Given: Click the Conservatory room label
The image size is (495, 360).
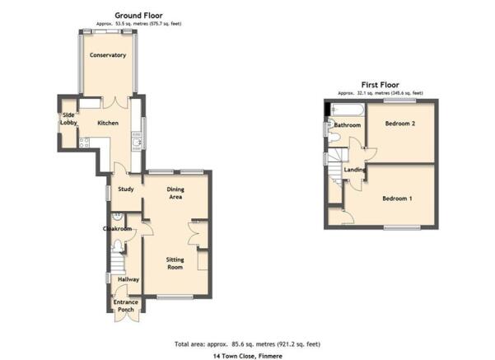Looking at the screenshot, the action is pyautogui.click(x=108, y=55).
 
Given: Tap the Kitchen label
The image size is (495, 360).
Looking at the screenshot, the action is pyautogui.click(x=108, y=123).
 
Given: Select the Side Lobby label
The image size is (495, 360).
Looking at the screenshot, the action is pyautogui.click(x=68, y=119).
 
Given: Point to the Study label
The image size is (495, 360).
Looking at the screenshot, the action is pyautogui.click(x=126, y=189).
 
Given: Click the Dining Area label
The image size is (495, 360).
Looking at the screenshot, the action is pyautogui.click(x=175, y=193).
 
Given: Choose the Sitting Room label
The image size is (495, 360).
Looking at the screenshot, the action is pyautogui.click(x=175, y=264).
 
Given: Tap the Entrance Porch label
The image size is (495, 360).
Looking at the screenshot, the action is pyautogui.click(x=126, y=306).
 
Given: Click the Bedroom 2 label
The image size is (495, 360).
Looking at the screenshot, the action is pyautogui.click(x=400, y=124).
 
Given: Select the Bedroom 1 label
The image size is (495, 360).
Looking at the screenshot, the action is pyautogui.click(x=397, y=199).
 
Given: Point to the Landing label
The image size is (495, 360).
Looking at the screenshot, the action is pyautogui.click(x=354, y=170).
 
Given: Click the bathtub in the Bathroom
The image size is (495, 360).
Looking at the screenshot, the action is pyautogui.click(x=348, y=110).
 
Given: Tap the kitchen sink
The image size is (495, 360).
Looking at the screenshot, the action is pyautogui.click(x=137, y=143).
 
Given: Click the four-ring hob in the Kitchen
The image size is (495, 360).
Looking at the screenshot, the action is pyautogui.click(x=84, y=143).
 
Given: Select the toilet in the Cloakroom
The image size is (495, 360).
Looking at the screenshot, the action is pyautogui.click(x=118, y=246).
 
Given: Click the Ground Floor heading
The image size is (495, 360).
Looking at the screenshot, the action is pyautogui.click(x=138, y=16).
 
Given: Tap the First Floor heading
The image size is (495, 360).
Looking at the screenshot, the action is pyautogui.click(x=380, y=85).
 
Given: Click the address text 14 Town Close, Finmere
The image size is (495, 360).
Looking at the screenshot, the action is pyautogui.click(x=248, y=356).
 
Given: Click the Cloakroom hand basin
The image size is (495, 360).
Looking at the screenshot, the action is pyautogui.click(x=118, y=217).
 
